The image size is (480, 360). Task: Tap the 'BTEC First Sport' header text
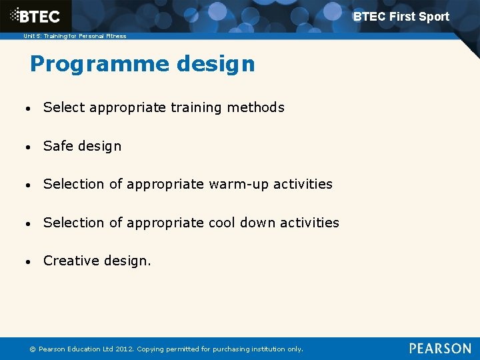pos(401,17)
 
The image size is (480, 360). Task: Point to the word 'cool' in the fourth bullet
pos(223,223)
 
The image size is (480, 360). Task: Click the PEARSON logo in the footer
pos(440,349)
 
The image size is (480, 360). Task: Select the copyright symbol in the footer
pos(33,349)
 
